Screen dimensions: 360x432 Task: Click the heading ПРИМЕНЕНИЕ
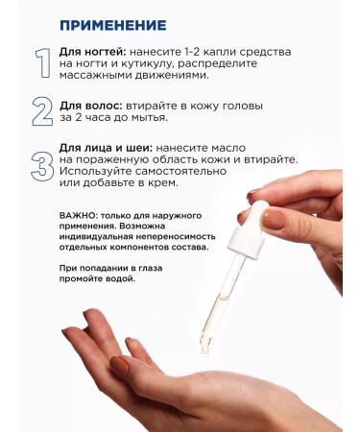pos(113,25)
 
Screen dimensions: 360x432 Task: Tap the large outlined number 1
pos(43,63)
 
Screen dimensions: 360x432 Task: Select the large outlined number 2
pos(42,111)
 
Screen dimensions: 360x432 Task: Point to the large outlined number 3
pos(42,167)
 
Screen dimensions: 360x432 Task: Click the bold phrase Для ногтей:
pos(93,52)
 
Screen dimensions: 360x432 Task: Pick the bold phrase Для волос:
pos(91,106)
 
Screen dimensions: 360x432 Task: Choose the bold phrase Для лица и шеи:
pos(106,148)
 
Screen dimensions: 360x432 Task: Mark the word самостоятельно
pos(180,171)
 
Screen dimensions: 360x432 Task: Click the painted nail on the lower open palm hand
pos(120,365)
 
